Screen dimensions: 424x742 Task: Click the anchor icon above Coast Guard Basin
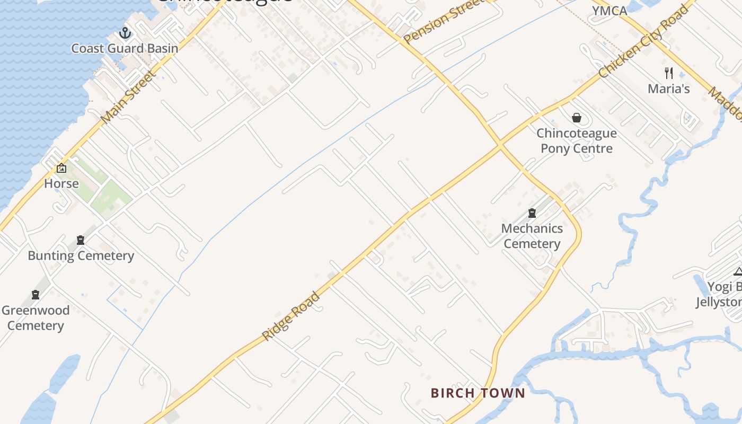pyautogui.click(x=125, y=33)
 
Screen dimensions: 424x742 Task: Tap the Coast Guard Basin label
pyautogui.click(x=125, y=48)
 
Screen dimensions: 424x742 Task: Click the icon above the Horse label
pyautogui.click(x=61, y=169)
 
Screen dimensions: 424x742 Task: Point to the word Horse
pyautogui.click(x=61, y=183)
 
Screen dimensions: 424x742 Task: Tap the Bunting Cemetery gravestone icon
pyautogui.click(x=81, y=240)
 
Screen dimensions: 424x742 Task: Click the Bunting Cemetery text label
pyautogui.click(x=81, y=255)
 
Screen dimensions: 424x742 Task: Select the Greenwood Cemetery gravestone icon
pyautogui.click(x=36, y=295)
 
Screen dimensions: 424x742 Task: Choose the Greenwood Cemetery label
pyautogui.click(x=36, y=317)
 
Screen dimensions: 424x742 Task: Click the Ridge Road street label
pyautogui.click(x=291, y=316)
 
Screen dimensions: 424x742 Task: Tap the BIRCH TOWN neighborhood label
pyautogui.click(x=478, y=393)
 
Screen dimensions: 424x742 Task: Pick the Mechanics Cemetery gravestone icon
pyautogui.click(x=532, y=213)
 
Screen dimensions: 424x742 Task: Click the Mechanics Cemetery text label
pyautogui.click(x=532, y=236)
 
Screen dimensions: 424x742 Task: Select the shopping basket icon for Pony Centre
pyautogui.click(x=577, y=118)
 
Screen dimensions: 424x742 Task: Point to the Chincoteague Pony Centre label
pyautogui.click(x=577, y=140)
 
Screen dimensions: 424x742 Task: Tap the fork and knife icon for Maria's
pyautogui.click(x=669, y=73)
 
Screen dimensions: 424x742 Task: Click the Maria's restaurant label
pyautogui.click(x=669, y=89)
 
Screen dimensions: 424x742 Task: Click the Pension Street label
pyautogui.click(x=445, y=21)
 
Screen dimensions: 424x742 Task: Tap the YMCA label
pyautogui.click(x=609, y=11)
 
